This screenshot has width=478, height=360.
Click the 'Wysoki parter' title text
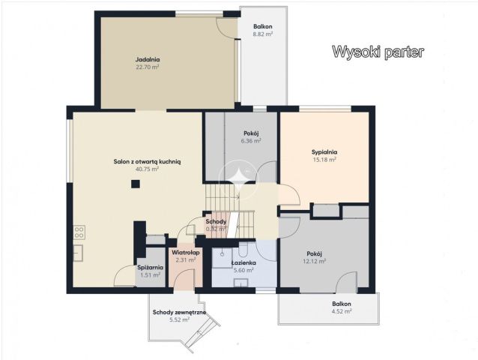point(378,52)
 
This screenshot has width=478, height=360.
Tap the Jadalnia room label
point(148,59)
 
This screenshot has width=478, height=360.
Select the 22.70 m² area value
point(148,67)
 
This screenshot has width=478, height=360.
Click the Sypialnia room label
point(324,151)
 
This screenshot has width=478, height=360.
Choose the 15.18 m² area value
point(324,159)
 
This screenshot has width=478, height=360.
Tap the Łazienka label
point(244,264)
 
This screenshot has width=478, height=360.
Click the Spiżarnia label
point(150,268)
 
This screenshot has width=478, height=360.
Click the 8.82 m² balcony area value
point(262,34)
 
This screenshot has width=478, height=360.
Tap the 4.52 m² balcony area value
point(342,311)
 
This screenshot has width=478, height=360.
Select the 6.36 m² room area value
point(251,140)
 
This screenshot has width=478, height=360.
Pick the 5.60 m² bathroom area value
point(244,271)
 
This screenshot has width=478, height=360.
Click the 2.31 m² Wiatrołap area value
point(181,260)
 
